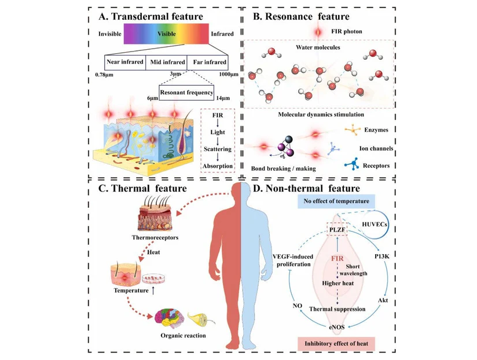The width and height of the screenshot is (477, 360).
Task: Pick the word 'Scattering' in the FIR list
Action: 217,149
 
